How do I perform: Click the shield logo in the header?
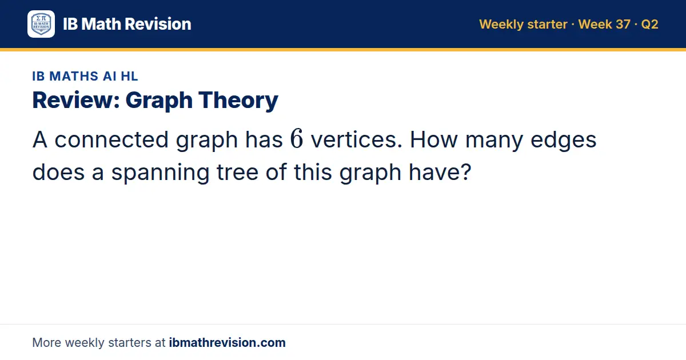coord(41,24)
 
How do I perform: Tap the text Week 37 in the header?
coord(604,24)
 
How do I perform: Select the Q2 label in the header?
coord(649,25)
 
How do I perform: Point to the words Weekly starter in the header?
coord(523,25)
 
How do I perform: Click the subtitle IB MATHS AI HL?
coord(85,76)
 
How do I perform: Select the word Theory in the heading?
coord(238,101)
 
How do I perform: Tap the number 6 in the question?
coord(297,138)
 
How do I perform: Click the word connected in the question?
coord(111,139)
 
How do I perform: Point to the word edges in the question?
coord(563,141)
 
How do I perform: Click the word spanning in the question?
coord(160,173)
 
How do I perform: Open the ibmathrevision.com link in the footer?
coord(228,342)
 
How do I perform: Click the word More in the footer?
coord(46,342)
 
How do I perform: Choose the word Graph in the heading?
coord(159,101)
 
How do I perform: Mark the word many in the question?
coord(494,141)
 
